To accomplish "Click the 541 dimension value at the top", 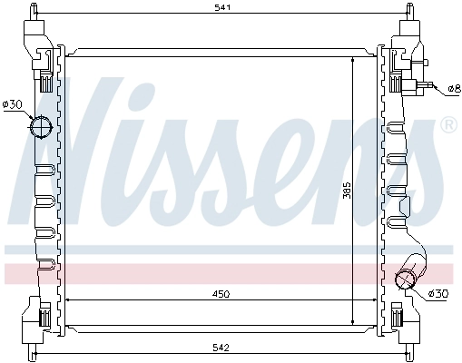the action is coord(222,7).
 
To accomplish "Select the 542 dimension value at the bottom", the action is coord(221,348).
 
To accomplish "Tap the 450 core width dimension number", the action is coord(221,294).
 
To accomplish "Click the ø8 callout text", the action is coord(454,89).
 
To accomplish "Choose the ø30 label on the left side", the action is coord(12,105).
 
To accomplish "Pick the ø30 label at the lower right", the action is coord(438,293).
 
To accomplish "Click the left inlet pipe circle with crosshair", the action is coord(41,127).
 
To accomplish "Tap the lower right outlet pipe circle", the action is coord(406,279).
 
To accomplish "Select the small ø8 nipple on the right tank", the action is coord(428,85).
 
